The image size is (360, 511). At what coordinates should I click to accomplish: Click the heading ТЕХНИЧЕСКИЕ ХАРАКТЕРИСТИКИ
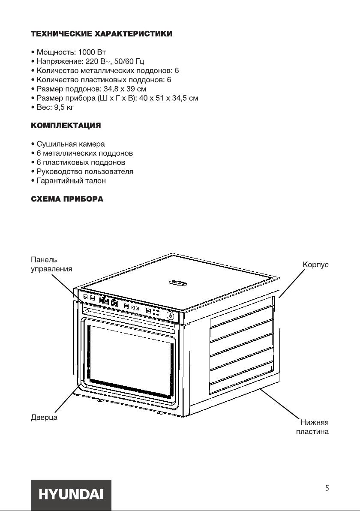coord(102,34)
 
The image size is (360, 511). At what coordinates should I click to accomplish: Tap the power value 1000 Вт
coord(92,52)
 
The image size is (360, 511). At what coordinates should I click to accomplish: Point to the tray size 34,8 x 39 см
coord(125,89)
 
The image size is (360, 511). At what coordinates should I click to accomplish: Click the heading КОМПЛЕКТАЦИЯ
coord(66,126)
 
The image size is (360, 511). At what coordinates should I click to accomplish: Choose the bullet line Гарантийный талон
coord(71,180)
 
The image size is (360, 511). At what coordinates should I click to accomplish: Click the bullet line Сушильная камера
coord(71,144)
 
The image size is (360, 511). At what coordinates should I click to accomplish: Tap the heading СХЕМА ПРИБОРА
coord(67,199)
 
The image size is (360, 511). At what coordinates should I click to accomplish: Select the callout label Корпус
coord(315,265)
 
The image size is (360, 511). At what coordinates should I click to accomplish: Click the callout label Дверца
coord(44,417)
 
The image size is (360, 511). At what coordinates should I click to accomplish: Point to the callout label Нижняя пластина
coord(312,427)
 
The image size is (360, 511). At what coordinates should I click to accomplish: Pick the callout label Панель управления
coord(51,265)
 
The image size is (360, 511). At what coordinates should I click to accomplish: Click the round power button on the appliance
coord(171,316)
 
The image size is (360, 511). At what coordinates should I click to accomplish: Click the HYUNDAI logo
coord(71,494)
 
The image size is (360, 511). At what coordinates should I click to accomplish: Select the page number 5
coord(327,488)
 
